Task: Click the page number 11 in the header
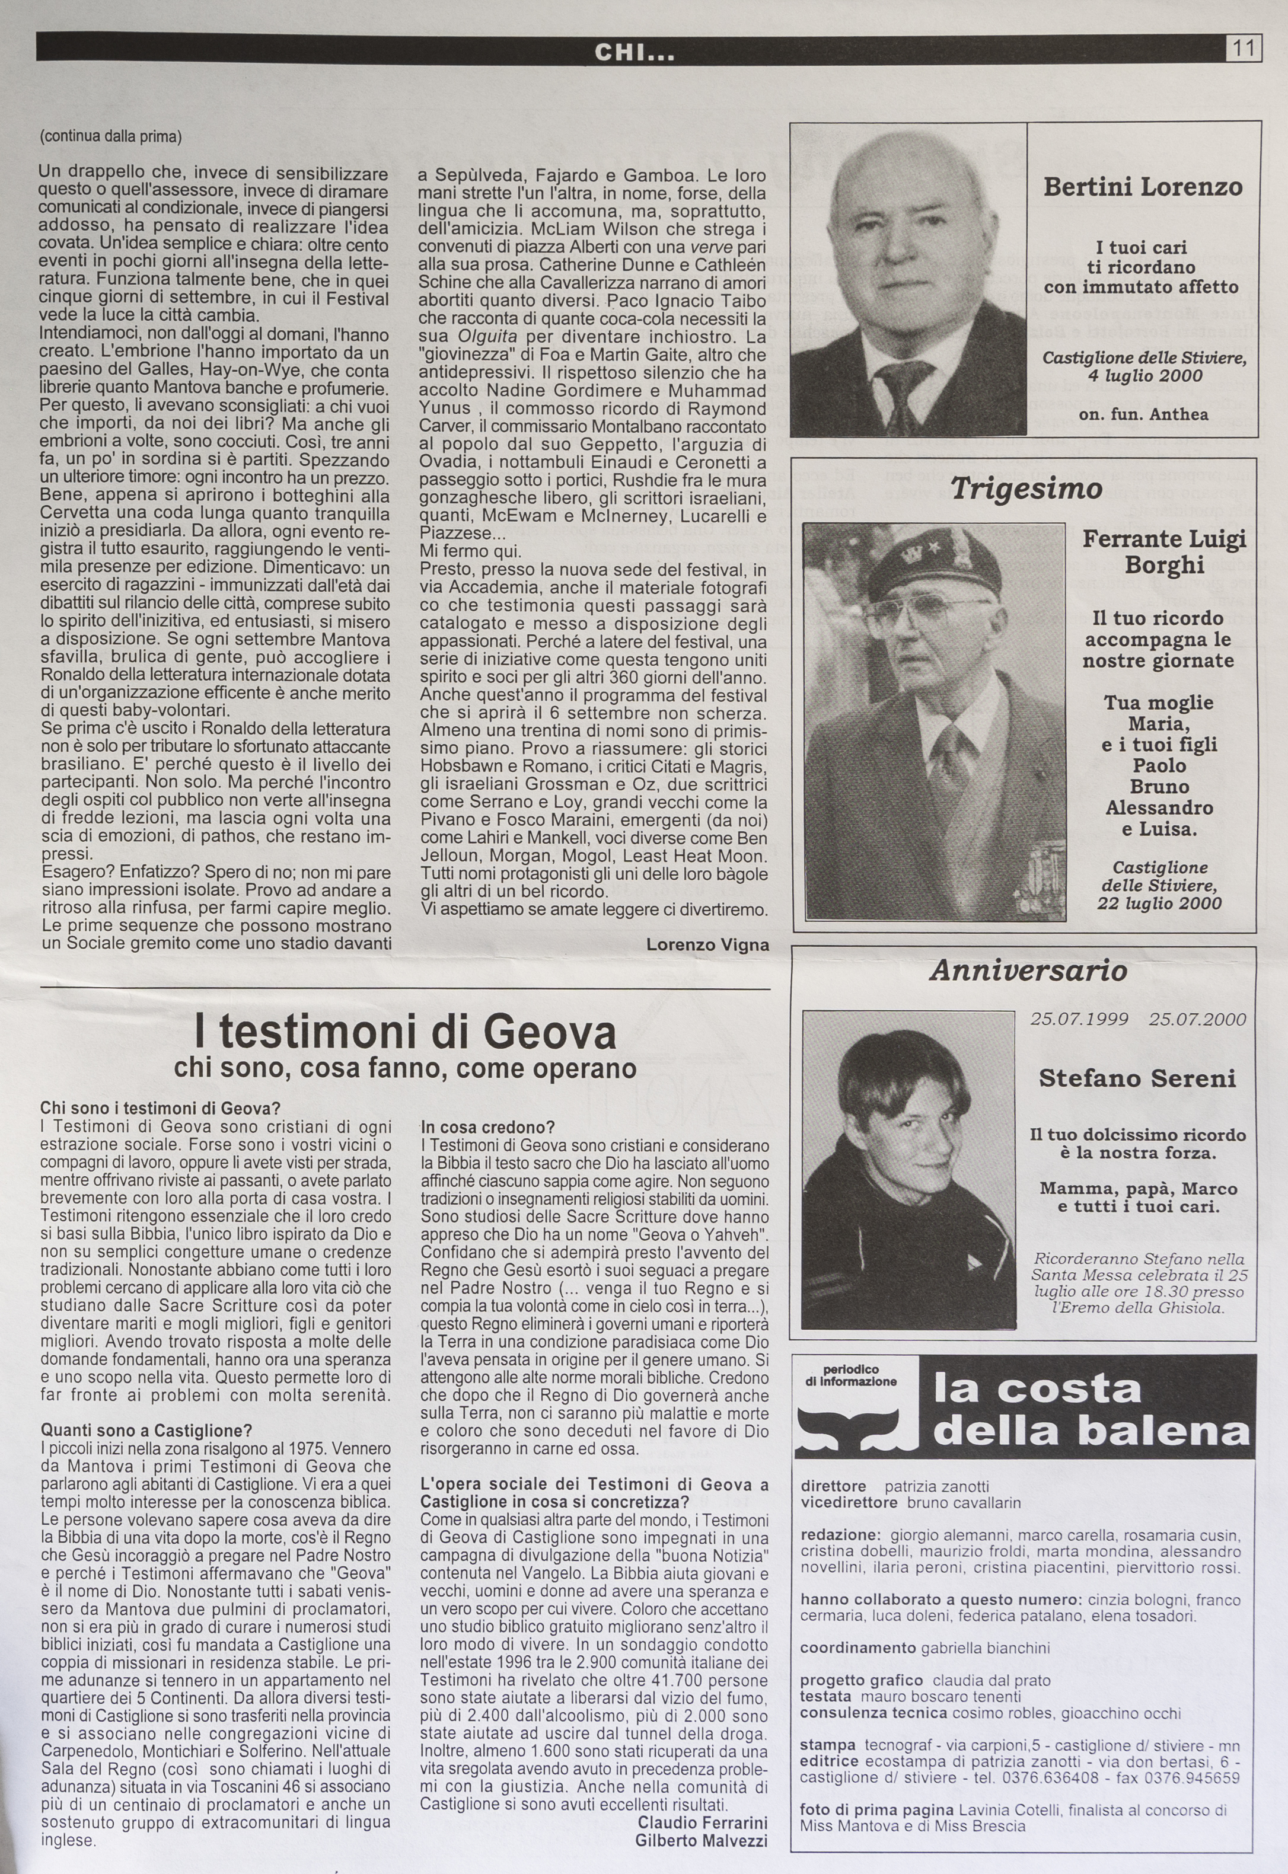(1243, 49)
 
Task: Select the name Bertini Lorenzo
(1142, 187)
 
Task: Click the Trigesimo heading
(1026, 489)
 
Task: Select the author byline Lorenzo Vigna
(707, 944)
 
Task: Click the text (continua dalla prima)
(110, 136)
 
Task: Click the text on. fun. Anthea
(1143, 414)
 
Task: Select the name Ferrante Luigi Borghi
(1163, 552)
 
